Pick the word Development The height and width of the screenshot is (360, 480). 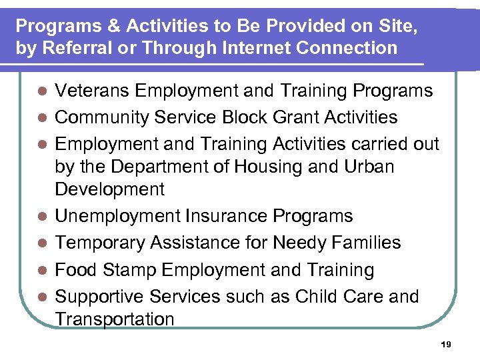(109, 189)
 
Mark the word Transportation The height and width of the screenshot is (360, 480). (114, 319)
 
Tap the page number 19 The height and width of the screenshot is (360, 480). (446, 345)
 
